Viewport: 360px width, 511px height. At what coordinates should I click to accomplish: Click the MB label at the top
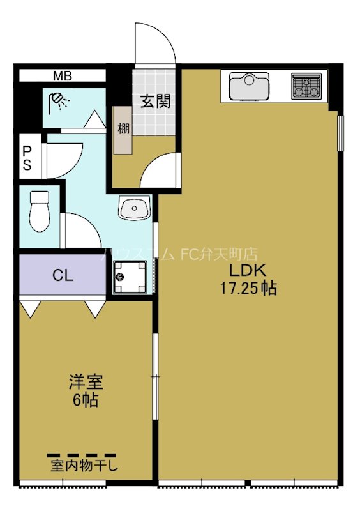click(x=62, y=76)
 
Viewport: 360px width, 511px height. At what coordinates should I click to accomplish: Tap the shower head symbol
click(x=59, y=101)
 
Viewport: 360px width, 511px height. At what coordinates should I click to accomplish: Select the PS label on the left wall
click(x=27, y=157)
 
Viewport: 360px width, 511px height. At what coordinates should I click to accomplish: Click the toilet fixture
click(x=40, y=211)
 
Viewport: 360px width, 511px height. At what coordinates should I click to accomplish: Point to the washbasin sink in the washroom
click(x=134, y=207)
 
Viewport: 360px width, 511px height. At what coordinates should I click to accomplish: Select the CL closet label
click(x=63, y=276)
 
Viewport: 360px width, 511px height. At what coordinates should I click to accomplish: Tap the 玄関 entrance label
click(x=155, y=101)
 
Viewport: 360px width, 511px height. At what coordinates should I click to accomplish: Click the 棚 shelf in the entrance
click(x=123, y=128)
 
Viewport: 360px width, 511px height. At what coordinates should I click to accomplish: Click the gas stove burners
click(x=307, y=86)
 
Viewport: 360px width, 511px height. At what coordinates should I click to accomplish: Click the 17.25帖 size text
click(x=248, y=289)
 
